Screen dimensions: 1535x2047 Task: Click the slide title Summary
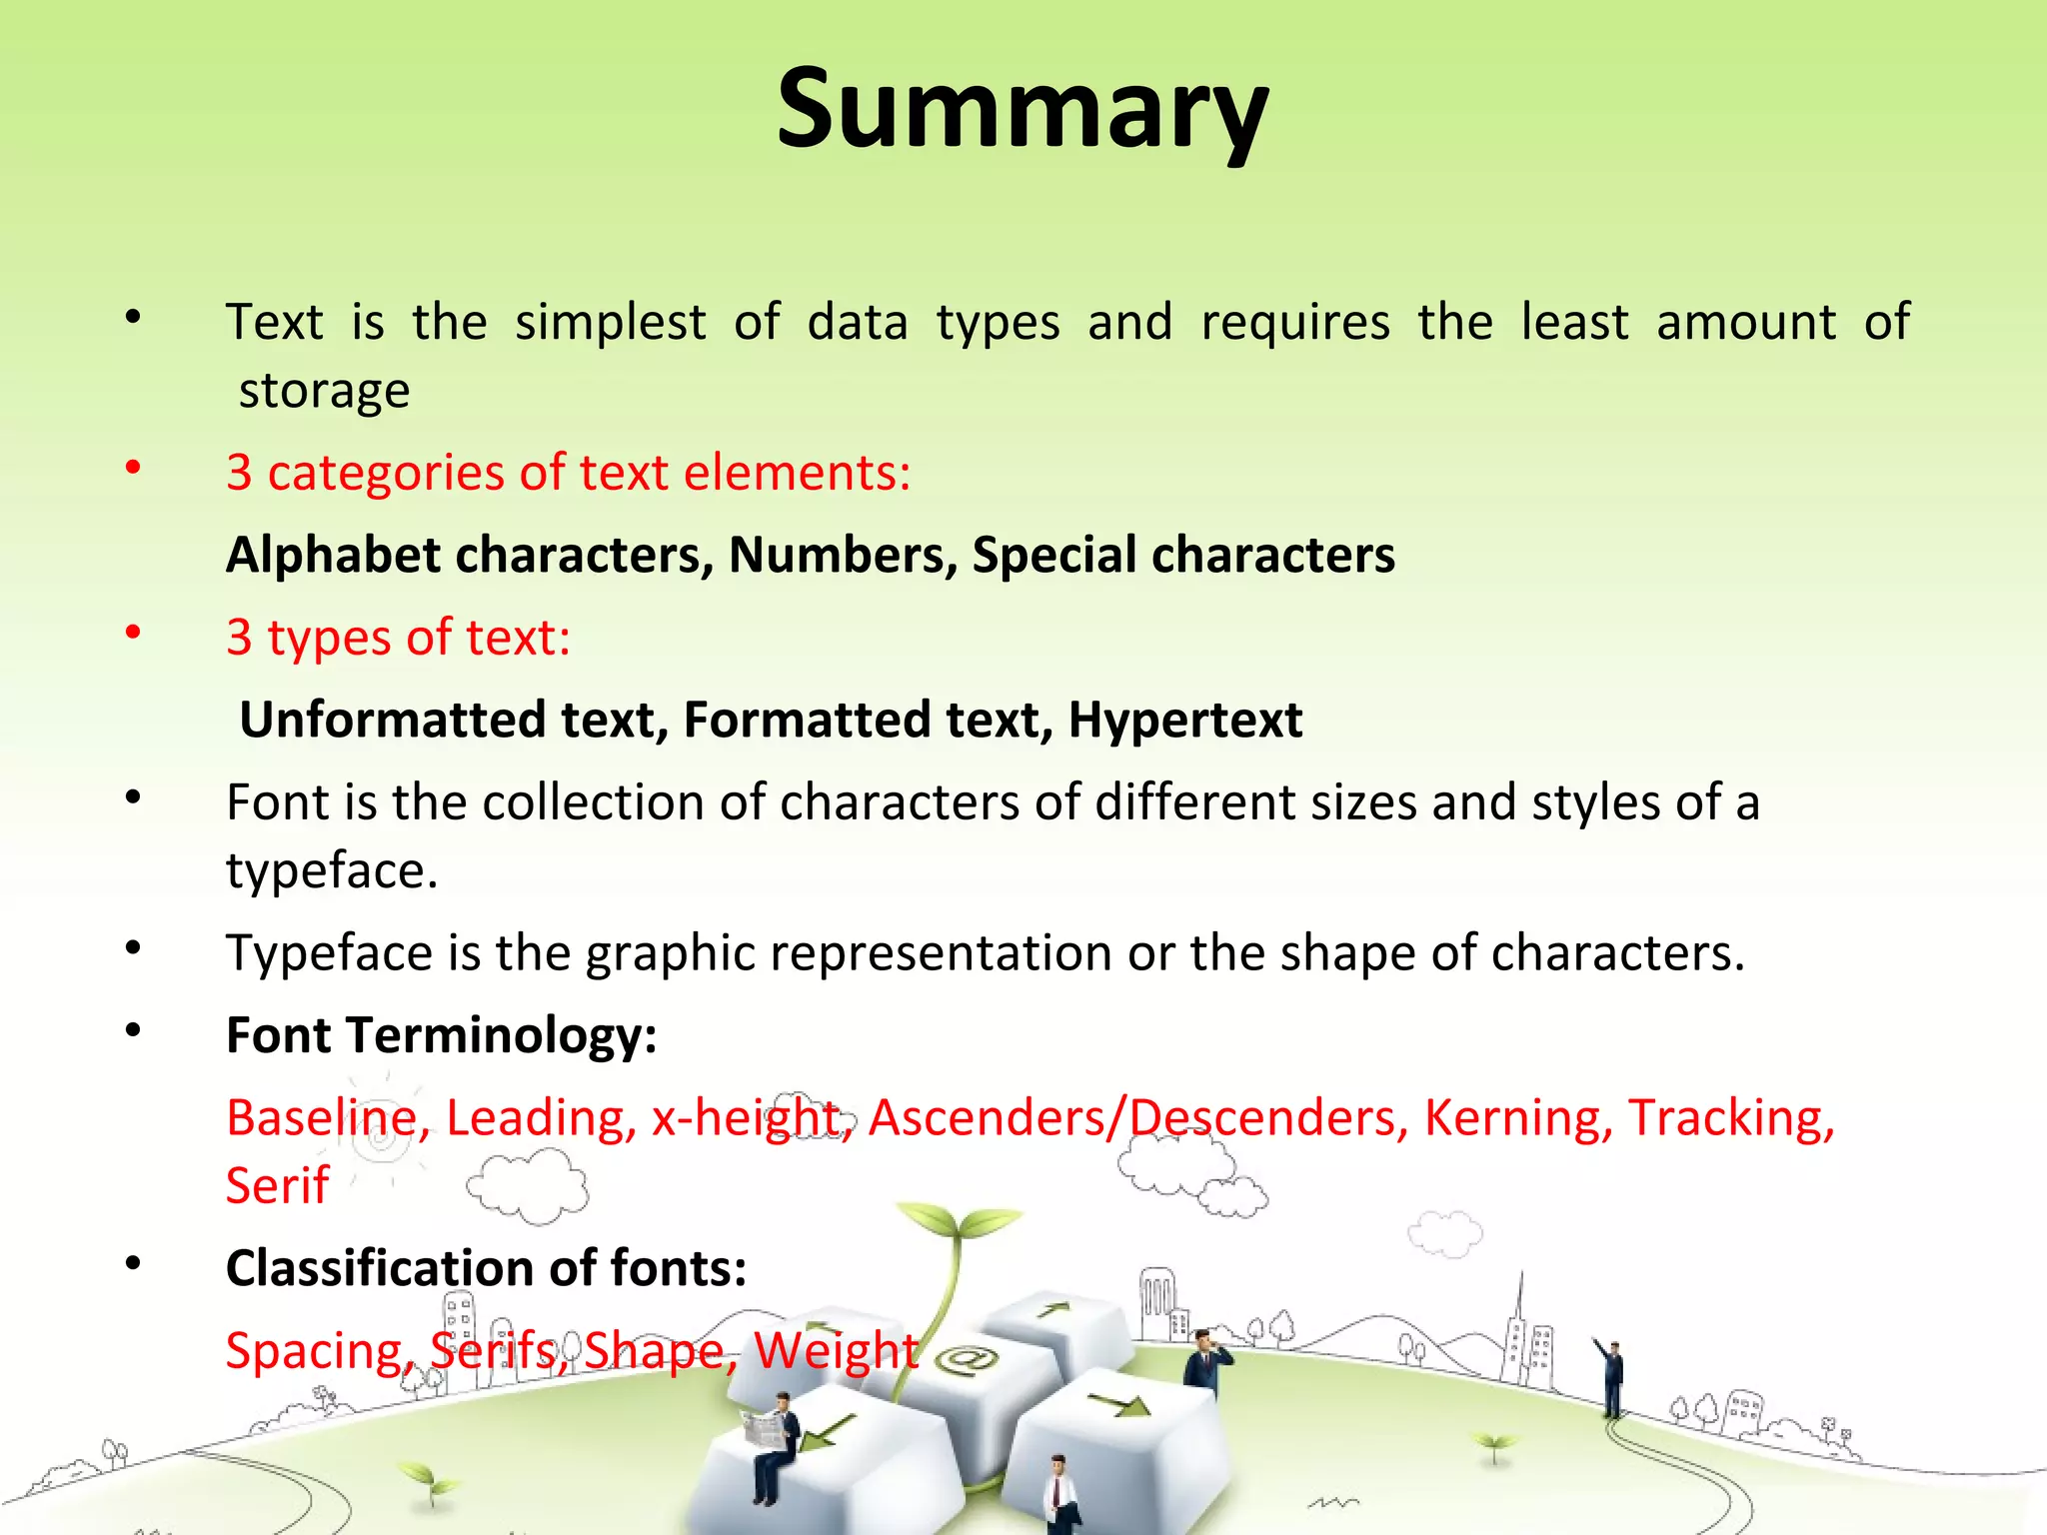pyautogui.click(x=1023, y=110)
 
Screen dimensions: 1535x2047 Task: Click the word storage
pyautogui.click(x=324, y=390)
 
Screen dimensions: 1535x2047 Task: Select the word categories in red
pyautogui.click(x=386, y=473)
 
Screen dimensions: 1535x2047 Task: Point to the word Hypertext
pyautogui.click(x=1184, y=720)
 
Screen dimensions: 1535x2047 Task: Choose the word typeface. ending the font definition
pyautogui.click(x=332, y=870)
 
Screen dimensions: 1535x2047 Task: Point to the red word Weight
pyautogui.click(x=836, y=1350)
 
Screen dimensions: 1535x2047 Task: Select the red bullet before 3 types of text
pyautogui.click(x=133, y=633)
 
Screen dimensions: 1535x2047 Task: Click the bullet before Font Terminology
pyautogui.click(x=133, y=1030)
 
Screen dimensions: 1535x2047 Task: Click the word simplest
pyautogui.click(x=610, y=323)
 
